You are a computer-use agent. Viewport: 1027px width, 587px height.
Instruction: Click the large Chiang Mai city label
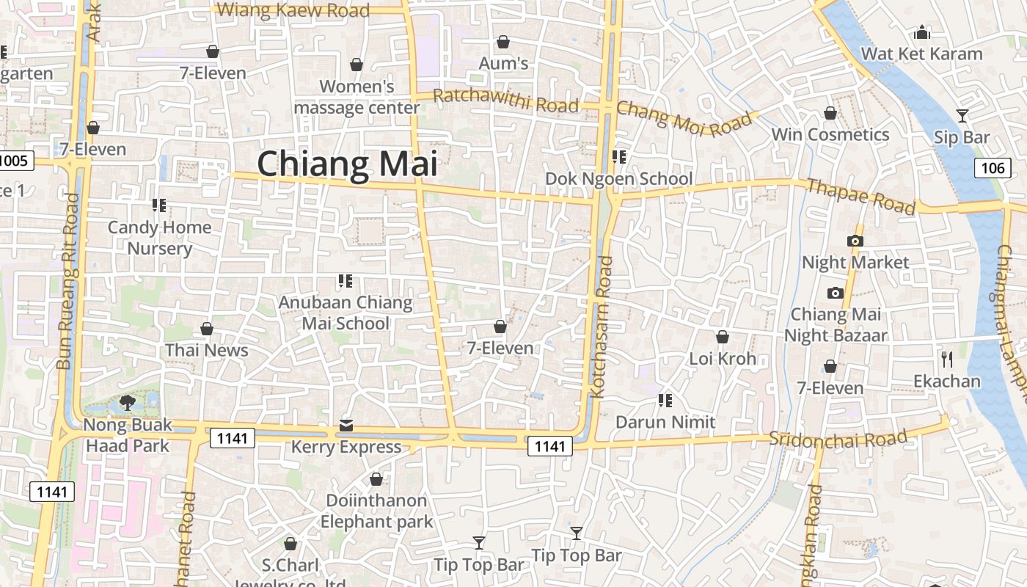click(347, 163)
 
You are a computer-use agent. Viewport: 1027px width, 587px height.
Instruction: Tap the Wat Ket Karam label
click(921, 54)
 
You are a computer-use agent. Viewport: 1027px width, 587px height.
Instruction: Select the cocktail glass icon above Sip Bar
click(962, 115)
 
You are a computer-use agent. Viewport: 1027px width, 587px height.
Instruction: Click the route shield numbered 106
click(993, 168)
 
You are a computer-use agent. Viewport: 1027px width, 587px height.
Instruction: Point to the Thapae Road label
click(861, 196)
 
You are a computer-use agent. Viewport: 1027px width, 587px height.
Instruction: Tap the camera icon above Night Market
click(855, 241)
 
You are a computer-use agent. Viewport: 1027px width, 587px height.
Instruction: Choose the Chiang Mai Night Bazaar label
click(836, 325)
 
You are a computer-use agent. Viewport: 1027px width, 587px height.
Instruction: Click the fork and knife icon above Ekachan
click(947, 359)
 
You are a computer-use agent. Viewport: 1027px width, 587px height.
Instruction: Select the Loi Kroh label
click(723, 359)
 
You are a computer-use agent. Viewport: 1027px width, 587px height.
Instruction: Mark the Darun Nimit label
click(665, 422)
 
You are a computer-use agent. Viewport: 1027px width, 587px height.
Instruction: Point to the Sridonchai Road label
click(838, 440)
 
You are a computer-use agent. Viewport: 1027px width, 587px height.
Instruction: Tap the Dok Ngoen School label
click(618, 179)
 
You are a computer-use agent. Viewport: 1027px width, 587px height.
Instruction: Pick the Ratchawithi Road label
click(505, 100)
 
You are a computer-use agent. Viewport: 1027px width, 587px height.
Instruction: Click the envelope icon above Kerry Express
click(346, 426)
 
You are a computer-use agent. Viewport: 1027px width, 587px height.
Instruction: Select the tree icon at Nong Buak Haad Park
click(127, 402)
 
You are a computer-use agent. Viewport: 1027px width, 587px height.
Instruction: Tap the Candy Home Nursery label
click(159, 238)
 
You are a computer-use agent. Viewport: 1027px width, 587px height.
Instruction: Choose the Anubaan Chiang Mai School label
click(346, 313)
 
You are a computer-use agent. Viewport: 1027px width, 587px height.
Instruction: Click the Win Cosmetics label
click(830, 135)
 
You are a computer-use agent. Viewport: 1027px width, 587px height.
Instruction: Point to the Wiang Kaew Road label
click(294, 10)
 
